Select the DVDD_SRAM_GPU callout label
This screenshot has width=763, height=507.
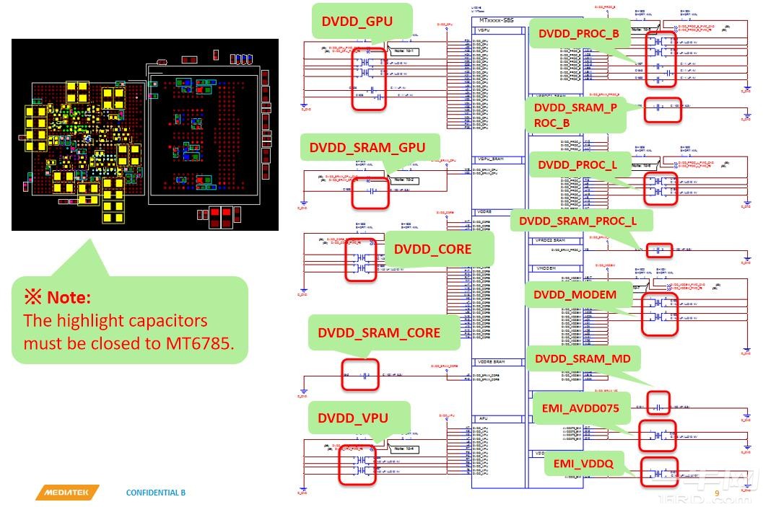(x=367, y=148)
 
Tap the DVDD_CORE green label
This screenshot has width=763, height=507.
(x=432, y=249)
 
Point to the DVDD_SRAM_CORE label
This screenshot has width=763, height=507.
(x=379, y=332)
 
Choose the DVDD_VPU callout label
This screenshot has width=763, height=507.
(x=353, y=418)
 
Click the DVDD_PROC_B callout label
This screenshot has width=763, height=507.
(x=579, y=33)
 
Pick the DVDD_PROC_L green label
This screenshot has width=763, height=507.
(x=578, y=165)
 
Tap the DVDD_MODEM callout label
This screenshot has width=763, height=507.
(x=575, y=294)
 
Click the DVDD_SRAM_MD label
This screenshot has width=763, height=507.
(x=583, y=358)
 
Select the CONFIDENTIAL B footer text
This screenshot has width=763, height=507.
(x=156, y=493)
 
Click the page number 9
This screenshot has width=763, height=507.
(x=717, y=493)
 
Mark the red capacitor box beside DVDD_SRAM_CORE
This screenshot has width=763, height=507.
(x=360, y=375)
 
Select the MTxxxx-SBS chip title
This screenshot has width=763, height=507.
(x=497, y=21)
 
